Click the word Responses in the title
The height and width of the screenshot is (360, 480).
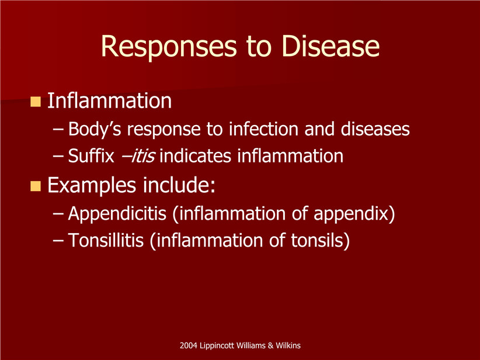coord(169,47)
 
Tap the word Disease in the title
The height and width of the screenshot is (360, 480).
coord(331,46)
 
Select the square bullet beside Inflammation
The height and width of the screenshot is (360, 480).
coord(36,102)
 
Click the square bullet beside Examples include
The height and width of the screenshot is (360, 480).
coord(36,186)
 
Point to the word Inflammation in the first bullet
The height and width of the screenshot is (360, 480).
coord(110,101)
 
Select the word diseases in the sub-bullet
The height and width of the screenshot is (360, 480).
coord(375,129)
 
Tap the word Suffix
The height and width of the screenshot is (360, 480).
coord(91,155)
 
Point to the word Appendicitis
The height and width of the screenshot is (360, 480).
coord(117,213)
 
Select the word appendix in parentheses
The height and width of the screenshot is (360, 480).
coord(351,214)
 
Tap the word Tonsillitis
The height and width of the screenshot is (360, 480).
coord(106,240)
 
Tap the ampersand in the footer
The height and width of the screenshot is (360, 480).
coord(270,345)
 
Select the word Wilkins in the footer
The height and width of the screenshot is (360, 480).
coord(288,345)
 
